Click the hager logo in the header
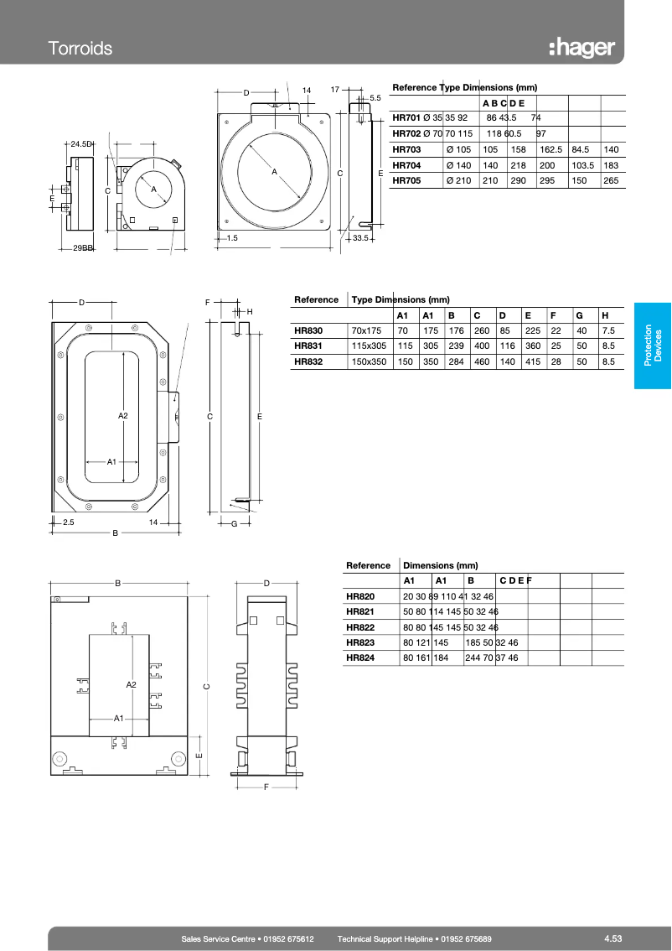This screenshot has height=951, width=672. (x=582, y=48)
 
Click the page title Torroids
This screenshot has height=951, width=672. (x=80, y=48)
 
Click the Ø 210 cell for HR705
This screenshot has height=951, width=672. (x=458, y=180)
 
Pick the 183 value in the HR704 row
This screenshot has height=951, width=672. (x=611, y=165)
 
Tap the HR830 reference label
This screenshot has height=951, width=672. (x=308, y=330)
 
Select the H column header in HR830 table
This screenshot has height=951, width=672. (x=605, y=315)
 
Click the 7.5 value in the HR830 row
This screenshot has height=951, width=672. (x=608, y=330)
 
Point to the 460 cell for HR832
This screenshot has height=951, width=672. (x=482, y=361)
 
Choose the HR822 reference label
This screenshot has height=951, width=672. (x=360, y=627)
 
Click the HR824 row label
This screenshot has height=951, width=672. (x=360, y=658)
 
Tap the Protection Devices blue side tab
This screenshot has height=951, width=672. (x=652, y=345)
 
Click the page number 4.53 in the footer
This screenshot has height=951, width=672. (x=613, y=938)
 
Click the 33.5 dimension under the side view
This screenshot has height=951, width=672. (x=361, y=239)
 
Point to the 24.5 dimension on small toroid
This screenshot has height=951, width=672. (x=80, y=144)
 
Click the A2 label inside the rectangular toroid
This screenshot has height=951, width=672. (x=122, y=416)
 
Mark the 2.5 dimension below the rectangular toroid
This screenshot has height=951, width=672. (x=69, y=522)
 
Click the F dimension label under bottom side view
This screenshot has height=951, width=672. (x=266, y=787)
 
